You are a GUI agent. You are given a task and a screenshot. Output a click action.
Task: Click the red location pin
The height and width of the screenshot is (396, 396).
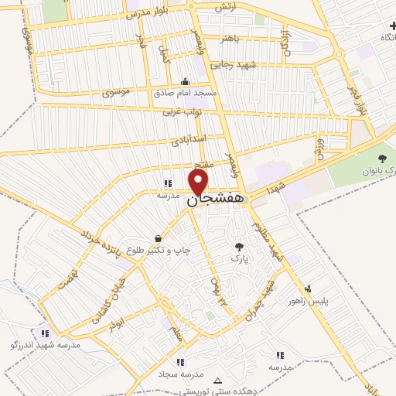(x=199, y=182)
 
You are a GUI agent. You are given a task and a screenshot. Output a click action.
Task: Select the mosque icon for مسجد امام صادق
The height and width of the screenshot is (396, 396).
(x=184, y=82)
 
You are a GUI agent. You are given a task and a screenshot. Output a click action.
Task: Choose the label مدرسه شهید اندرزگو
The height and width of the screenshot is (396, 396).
(x=47, y=344)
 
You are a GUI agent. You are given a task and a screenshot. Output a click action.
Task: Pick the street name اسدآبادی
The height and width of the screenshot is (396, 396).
(x=189, y=142)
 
